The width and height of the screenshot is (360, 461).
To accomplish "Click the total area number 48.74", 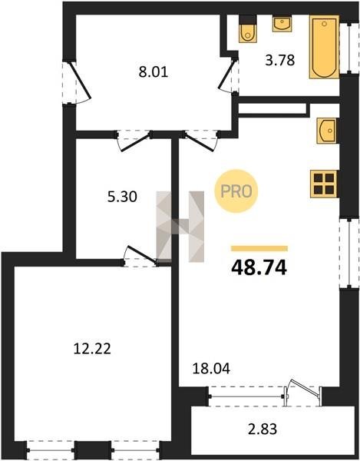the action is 259,268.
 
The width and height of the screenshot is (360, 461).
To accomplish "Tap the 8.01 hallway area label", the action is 154,72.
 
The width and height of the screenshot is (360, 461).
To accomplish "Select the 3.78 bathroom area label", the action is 280,60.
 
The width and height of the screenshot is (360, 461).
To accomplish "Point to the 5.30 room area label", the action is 122,197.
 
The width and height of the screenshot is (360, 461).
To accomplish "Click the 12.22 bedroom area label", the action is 92,349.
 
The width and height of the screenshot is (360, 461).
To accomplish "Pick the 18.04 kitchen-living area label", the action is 211,368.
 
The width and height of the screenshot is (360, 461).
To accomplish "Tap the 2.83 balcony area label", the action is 263,429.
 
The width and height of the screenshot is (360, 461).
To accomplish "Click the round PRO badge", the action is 236,191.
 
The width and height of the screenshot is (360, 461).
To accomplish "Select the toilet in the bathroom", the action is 248,29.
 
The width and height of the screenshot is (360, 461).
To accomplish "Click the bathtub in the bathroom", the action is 324,47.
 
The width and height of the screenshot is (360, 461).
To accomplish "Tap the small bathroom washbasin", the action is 282,24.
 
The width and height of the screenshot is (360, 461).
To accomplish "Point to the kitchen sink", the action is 327,131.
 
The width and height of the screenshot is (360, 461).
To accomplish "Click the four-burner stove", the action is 324,184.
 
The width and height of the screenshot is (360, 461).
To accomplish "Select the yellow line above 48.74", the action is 259,249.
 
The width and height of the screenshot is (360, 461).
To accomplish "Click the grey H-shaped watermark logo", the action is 180,227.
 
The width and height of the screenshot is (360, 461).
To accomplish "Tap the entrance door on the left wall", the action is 77,83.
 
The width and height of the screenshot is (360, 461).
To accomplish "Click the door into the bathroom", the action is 229,75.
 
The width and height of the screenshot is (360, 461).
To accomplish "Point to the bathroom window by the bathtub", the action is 349,48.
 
